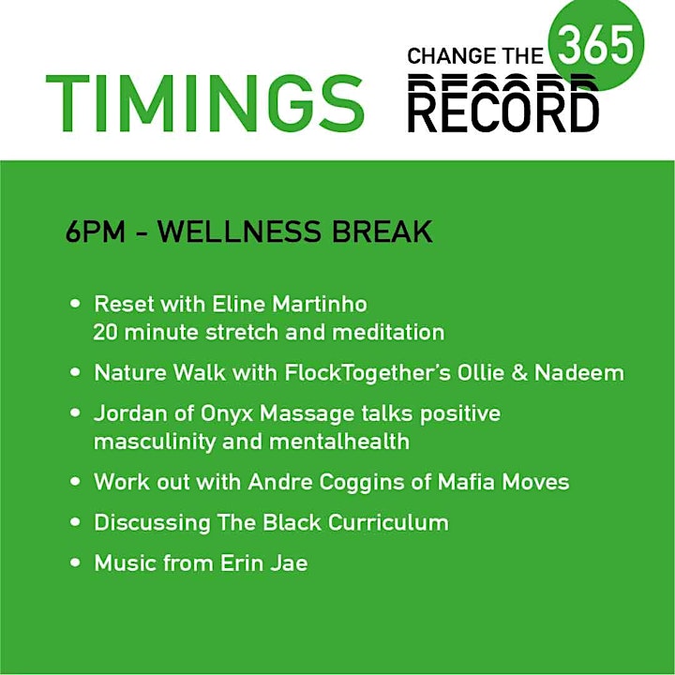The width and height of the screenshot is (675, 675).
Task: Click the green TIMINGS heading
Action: pos(205,103)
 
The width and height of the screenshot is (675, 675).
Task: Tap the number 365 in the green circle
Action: pos(596,45)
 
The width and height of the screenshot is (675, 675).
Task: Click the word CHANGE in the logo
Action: pos(451,56)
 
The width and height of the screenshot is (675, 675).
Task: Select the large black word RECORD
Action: pos(502,111)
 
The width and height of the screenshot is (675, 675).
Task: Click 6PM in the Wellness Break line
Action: pos(95,232)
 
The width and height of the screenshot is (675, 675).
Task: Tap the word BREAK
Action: pos(382,232)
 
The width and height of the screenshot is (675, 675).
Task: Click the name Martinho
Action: pos(320,304)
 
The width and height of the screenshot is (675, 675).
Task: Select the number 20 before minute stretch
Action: pos(105,332)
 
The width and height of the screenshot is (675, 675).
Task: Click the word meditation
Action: pos(388,332)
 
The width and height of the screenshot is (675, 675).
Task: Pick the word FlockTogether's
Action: pos(367,372)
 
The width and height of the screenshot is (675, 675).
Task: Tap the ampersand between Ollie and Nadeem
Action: pos(520,372)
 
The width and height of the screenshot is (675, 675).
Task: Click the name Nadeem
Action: pos(579,372)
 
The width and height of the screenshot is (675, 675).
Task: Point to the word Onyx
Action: pos(227,413)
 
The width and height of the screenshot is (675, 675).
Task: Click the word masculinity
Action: pos(155,442)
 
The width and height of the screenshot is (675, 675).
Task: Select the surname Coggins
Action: pos(362,482)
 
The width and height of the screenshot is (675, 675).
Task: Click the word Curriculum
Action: pos(388,522)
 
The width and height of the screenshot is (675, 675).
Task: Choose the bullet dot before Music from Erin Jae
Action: pos(75,562)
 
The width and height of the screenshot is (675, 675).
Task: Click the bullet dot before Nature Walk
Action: pos(75,372)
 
